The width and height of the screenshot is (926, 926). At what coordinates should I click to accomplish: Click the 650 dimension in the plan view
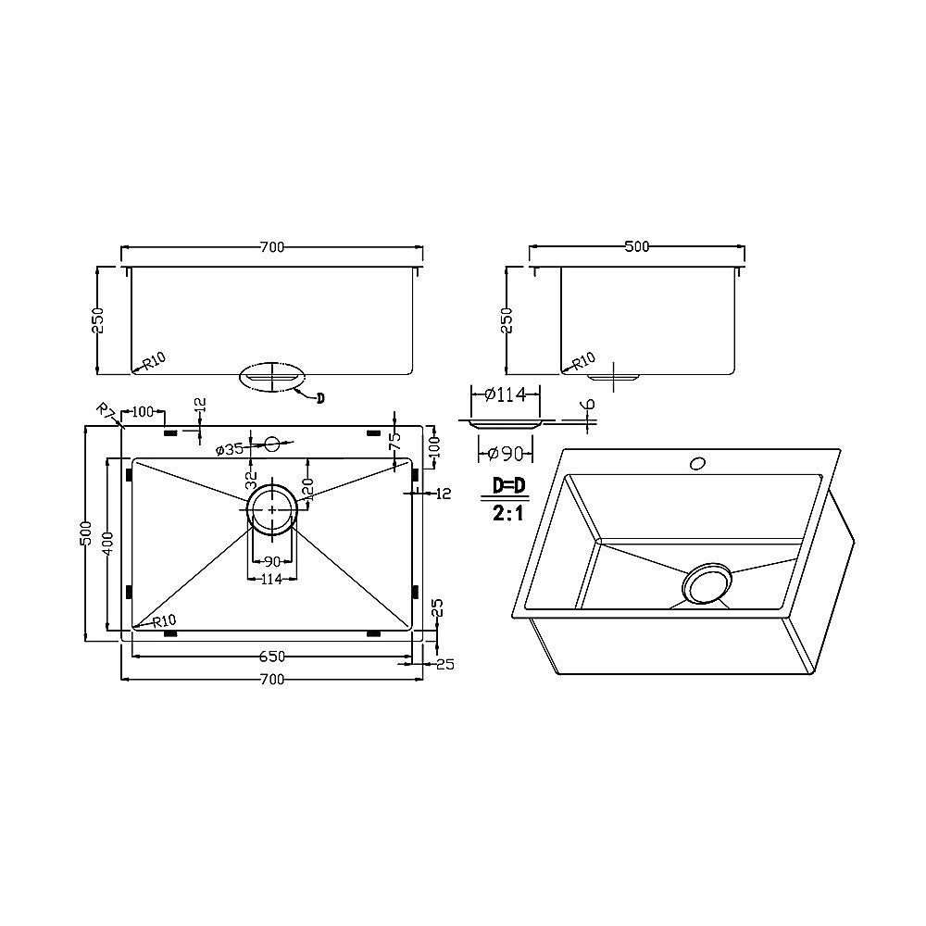pos(271,657)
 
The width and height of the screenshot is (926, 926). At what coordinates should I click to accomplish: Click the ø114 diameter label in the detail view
pos(505,395)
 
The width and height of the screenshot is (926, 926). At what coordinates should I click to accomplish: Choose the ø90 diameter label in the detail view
pos(505,453)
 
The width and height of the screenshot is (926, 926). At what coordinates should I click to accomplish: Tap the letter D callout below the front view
pos(319,398)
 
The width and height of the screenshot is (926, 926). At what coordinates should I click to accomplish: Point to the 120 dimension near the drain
pos(310,489)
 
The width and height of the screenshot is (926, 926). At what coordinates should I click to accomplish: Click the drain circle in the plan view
pos(271,508)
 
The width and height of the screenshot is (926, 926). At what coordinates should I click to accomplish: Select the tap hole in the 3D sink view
pos(696,460)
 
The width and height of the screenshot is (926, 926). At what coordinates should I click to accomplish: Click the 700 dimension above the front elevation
pos(271,247)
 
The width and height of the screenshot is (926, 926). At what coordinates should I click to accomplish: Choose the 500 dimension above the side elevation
pos(637,247)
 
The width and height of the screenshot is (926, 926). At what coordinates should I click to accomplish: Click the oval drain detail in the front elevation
pos(271,378)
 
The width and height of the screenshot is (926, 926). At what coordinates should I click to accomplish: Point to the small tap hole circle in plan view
pos(272,444)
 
